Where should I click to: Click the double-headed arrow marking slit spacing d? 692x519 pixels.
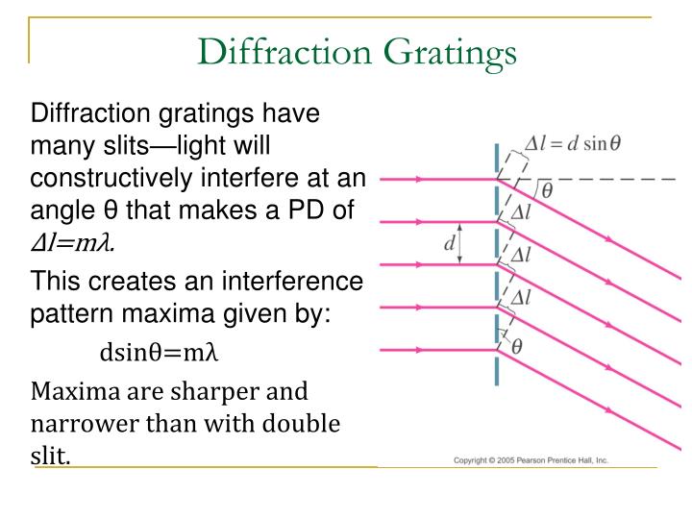(x=461, y=243)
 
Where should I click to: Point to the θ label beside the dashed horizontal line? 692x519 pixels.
(x=547, y=190)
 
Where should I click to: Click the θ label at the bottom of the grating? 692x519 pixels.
(x=516, y=346)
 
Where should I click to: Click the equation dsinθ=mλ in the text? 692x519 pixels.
(x=161, y=353)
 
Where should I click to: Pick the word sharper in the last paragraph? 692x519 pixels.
(x=219, y=392)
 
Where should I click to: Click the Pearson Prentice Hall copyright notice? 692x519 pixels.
(x=531, y=461)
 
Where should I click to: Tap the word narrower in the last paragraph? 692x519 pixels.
(x=77, y=424)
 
